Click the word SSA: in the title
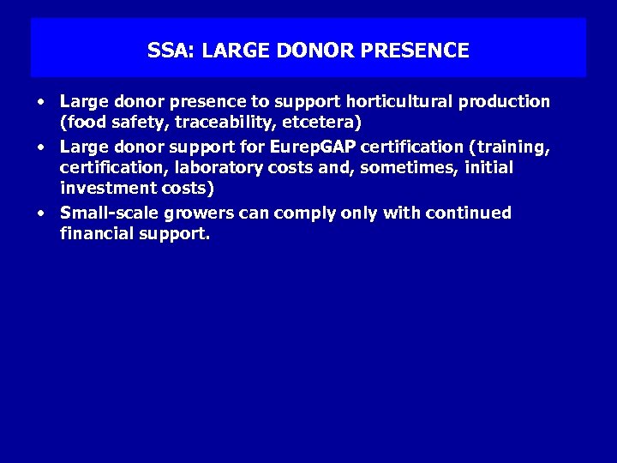171,51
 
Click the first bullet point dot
40,102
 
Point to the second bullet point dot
40,147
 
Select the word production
505,102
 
